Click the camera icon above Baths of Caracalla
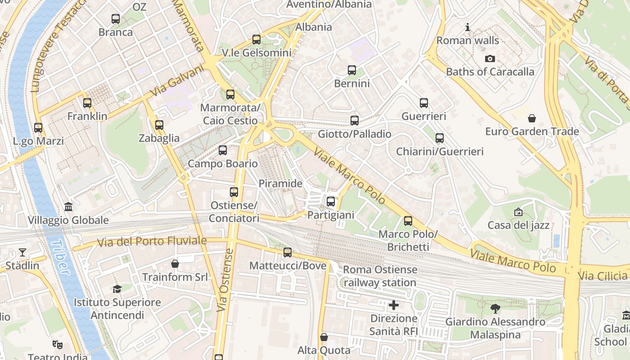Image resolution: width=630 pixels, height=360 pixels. (490, 58)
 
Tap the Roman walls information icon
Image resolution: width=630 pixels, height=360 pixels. (468, 27)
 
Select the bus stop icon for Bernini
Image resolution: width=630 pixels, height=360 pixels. (352, 70)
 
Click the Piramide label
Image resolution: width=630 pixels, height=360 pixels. (280, 184)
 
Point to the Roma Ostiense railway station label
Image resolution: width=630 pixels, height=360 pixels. (380, 276)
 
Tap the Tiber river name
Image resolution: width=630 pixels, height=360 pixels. (60, 257)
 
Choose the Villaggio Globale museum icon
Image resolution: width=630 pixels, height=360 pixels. (68, 207)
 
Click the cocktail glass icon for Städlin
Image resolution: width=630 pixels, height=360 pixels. (22, 252)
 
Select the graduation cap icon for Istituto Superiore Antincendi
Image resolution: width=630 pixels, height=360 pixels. (117, 289)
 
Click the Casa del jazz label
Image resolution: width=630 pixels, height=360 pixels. (518, 225)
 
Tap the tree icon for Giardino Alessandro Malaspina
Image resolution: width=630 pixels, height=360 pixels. (495, 309)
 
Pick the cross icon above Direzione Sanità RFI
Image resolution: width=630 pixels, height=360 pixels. (394, 305)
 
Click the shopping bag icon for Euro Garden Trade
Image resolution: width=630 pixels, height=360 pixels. (532, 118)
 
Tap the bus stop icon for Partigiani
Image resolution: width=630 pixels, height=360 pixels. (331, 202)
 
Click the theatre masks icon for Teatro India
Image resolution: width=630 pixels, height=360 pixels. (57, 345)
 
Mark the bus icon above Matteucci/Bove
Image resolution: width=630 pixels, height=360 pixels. (288, 252)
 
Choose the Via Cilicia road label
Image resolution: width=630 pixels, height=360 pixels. (603, 276)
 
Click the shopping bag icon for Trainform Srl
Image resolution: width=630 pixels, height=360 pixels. (175, 264)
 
